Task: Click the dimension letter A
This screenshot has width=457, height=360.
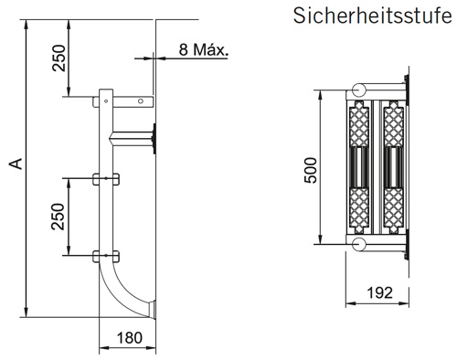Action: (x=14, y=164)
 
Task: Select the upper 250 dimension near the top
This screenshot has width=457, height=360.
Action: (x=58, y=58)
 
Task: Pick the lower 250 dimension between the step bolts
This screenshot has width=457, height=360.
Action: (x=58, y=215)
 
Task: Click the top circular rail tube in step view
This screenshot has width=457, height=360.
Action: (x=356, y=90)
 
